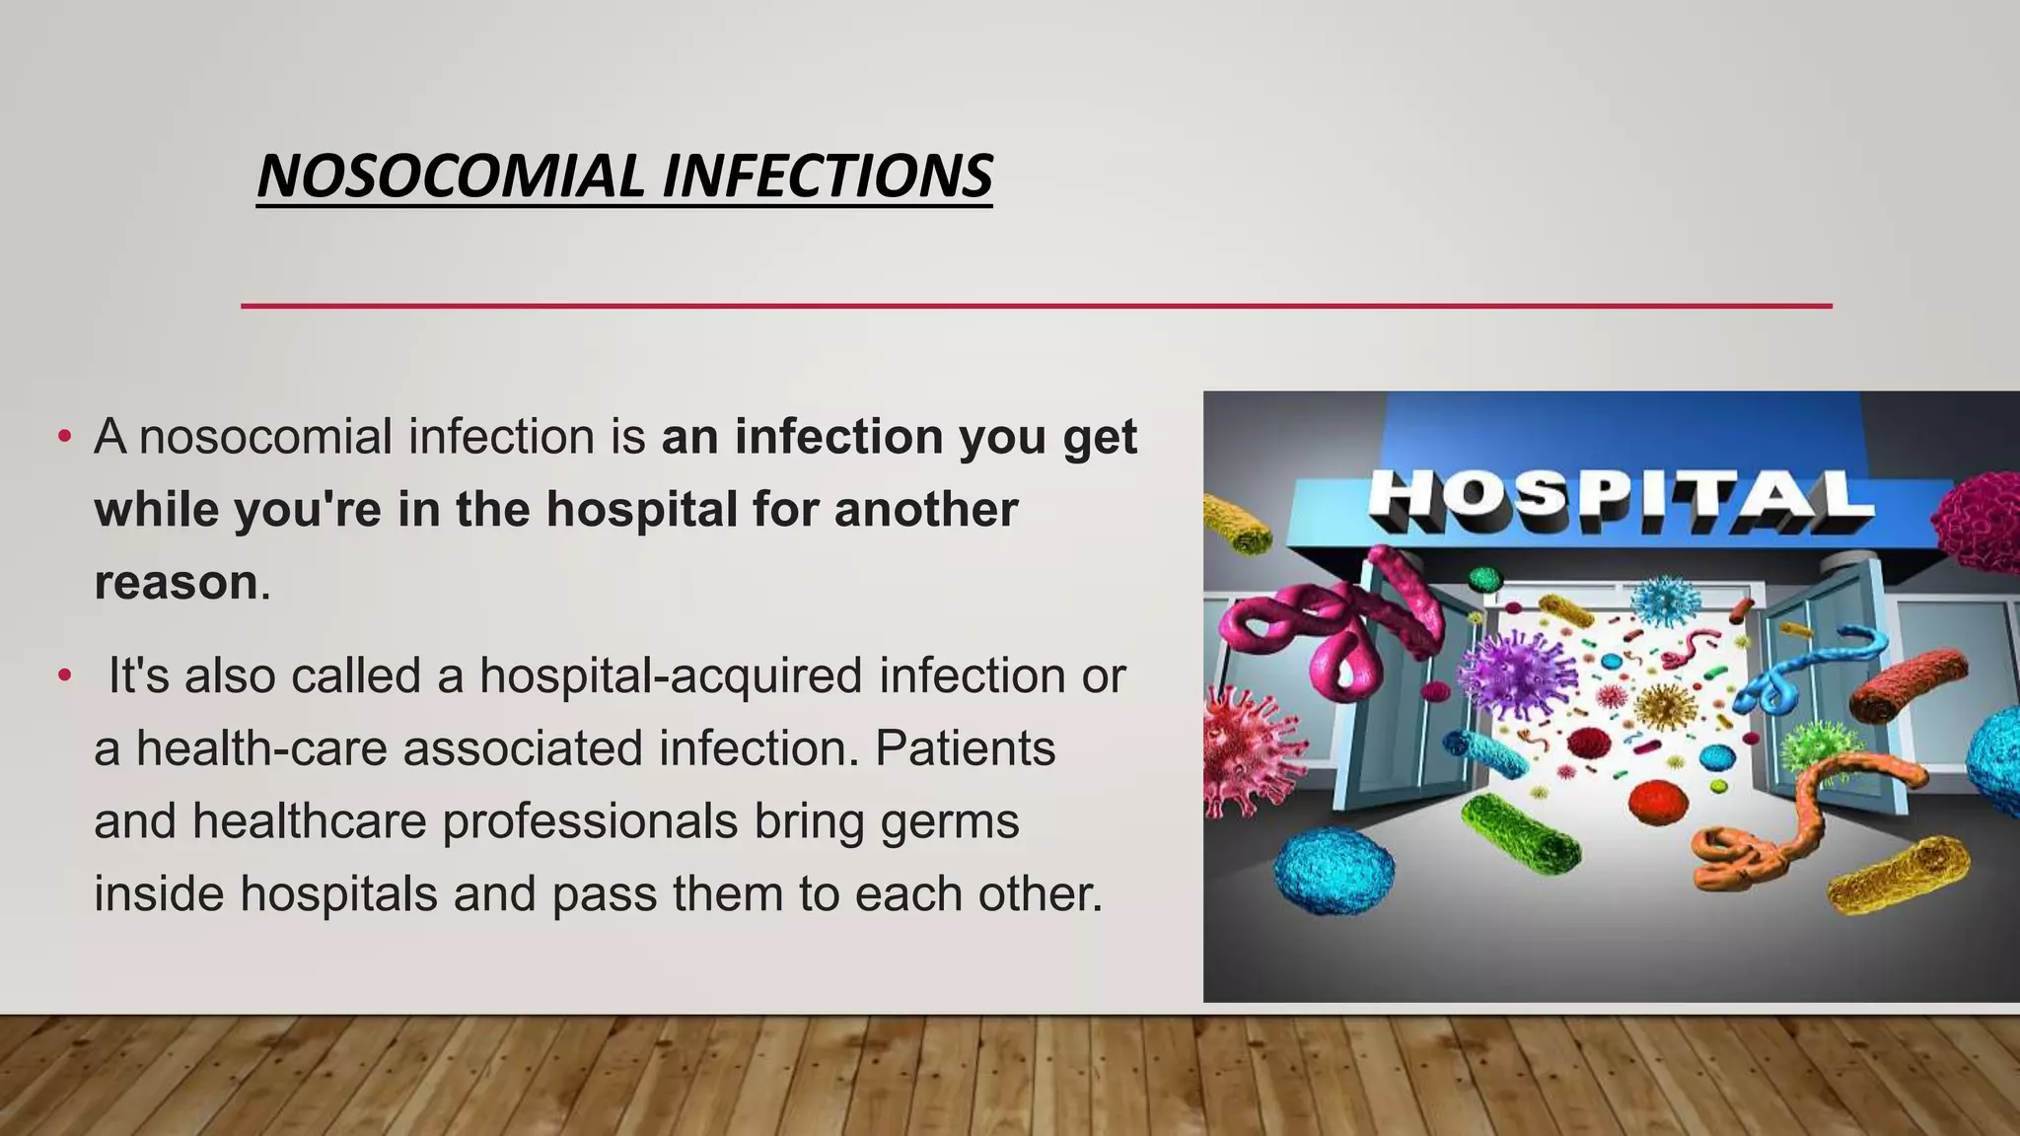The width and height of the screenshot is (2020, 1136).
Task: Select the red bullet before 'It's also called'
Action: [x=65, y=676]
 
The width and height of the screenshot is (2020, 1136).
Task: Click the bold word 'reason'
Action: [x=176, y=582]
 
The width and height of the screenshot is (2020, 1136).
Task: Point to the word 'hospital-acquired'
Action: [x=671, y=675]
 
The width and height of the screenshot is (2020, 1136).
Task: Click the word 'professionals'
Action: [x=589, y=821]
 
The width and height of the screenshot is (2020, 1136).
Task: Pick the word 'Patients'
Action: [x=965, y=748]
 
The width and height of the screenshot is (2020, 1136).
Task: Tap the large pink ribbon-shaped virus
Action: [x=1322, y=631]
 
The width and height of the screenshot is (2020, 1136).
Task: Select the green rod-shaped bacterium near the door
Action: [x=1519, y=833]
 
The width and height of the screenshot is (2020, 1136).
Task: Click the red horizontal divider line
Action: [x=1036, y=306]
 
